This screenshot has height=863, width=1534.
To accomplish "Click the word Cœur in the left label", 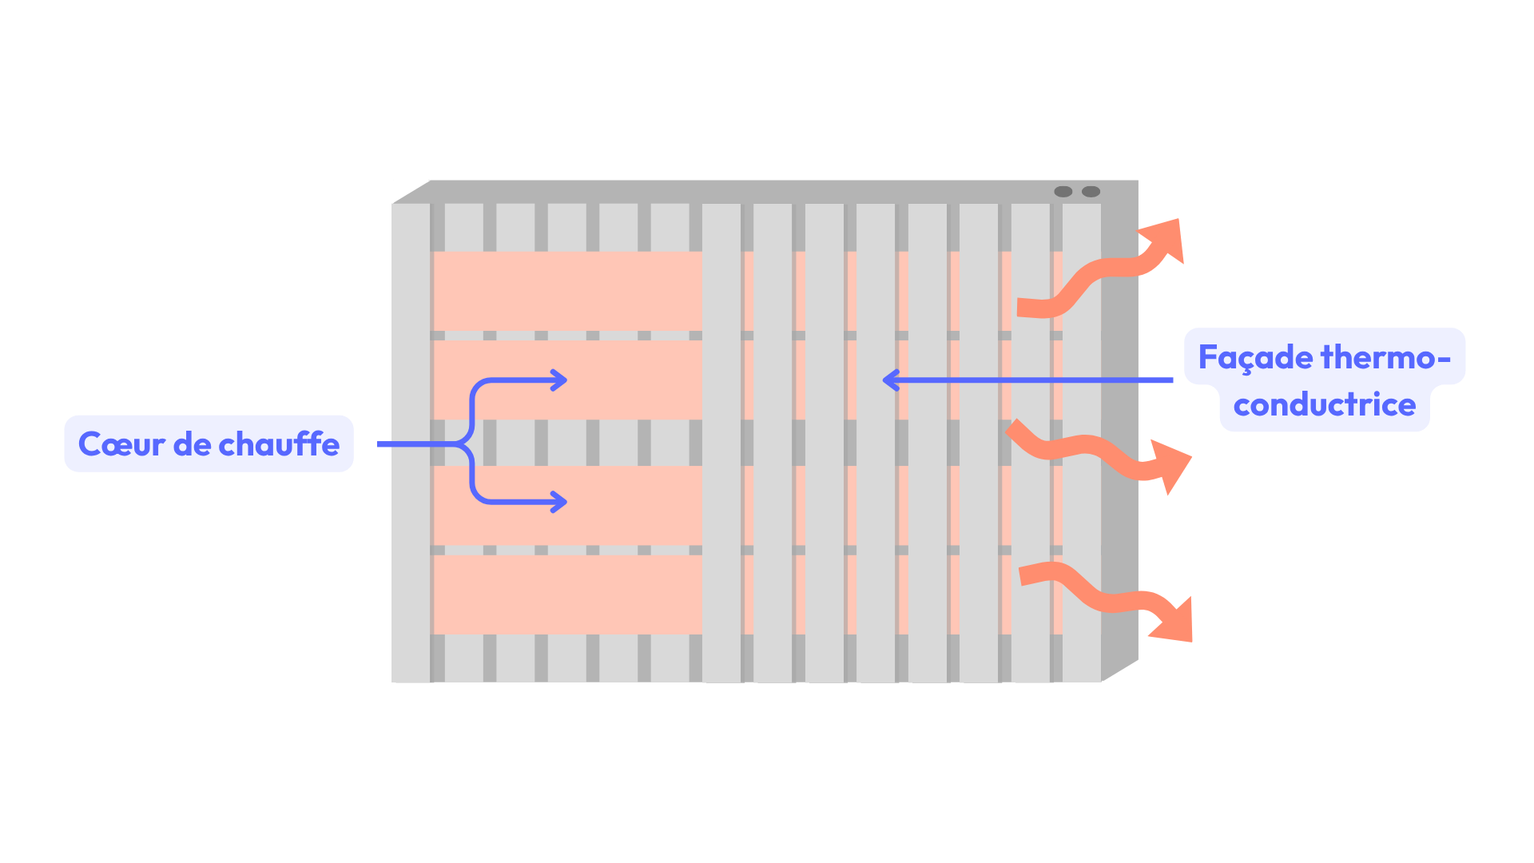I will point(121,444).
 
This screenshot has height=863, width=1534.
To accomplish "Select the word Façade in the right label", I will point(1255,357).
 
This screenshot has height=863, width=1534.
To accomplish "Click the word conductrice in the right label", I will point(1324,405).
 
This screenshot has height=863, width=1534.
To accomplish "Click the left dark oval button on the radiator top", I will point(1063,192).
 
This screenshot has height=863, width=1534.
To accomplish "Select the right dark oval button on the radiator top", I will point(1091,192).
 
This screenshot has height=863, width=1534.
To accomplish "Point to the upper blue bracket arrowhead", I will point(559,380).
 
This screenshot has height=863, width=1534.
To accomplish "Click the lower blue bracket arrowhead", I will point(559,502).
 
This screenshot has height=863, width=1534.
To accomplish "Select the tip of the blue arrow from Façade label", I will point(887,380).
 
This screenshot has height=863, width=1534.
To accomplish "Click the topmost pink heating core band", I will point(567,291).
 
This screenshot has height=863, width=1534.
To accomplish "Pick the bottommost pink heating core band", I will point(567,595).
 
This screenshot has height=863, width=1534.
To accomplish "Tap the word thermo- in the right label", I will point(1385,357).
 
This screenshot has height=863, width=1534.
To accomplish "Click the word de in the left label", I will point(192,444).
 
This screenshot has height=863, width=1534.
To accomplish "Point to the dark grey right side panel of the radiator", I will point(1119,431).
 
